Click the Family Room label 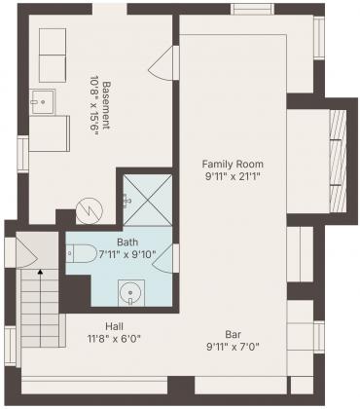[233, 164]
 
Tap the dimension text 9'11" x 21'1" [233, 176]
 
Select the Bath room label [127, 242]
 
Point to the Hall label [114, 326]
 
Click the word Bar [234, 334]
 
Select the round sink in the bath [131, 292]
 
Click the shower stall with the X [148, 200]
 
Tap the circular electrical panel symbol [90, 211]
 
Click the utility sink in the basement [43, 101]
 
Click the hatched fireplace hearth [337, 162]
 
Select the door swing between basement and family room [162, 63]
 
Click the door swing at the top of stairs [26, 251]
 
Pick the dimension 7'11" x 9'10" [127, 254]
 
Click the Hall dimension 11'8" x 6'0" [114, 339]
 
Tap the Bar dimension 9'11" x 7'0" [234, 347]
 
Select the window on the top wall [252, 9]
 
